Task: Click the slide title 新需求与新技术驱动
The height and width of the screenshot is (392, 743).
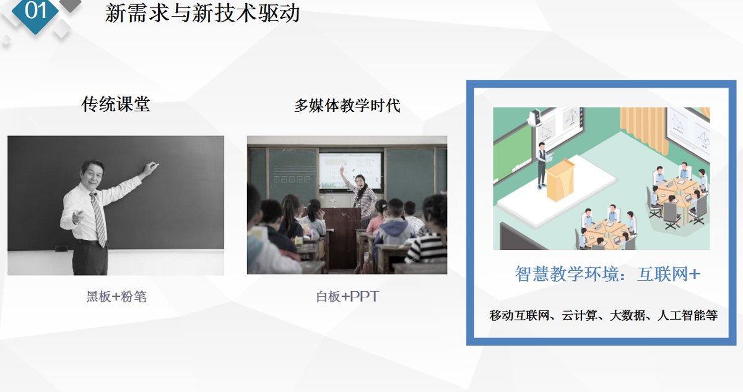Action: pyautogui.click(x=202, y=13)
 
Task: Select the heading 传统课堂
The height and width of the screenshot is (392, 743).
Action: pyautogui.click(x=116, y=104)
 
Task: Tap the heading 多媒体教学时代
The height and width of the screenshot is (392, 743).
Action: pyautogui.click(x=347, y=106)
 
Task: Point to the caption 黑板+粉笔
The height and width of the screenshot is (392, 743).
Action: pyautogui.click(x=116, y=296)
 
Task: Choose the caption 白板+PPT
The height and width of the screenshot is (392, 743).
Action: pyautogui.click(x=347, y=296)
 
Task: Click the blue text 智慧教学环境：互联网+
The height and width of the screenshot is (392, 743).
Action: pyautogui.click(x=607, y=274)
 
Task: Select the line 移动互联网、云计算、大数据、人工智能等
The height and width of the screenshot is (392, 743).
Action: pyautogui.click(x=603, y=315)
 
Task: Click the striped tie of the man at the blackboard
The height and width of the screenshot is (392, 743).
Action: pyautogui.click(x=98, y=218)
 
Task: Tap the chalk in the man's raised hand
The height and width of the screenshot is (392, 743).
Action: pyautogui.click(x=156, y=165)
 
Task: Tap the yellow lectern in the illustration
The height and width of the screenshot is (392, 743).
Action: pyautogui.click(x=560, y=180)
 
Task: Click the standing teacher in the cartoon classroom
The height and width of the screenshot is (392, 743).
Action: pyautogui.click(x=542, y=166)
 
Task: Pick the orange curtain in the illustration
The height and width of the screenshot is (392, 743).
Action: pyautogui.click(x=645, y=129)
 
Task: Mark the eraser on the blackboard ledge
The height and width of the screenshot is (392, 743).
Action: pyautogui.click(x=61, y=248)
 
